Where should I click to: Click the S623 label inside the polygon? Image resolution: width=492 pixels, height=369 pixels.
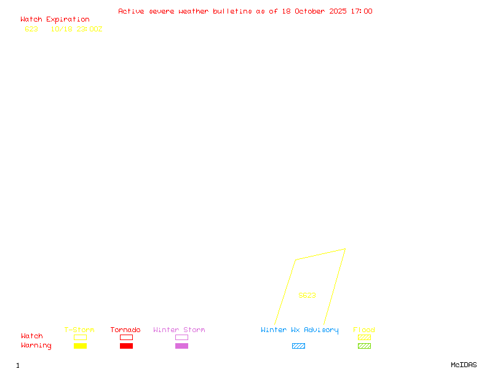(307, 295)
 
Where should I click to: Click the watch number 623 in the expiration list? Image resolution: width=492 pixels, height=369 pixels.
(31, 29)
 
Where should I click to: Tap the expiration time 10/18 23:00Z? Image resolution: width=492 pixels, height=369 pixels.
(76, 29)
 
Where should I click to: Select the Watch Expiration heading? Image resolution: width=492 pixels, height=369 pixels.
(55, 20)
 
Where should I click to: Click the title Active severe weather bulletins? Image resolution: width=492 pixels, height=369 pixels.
(245, 11)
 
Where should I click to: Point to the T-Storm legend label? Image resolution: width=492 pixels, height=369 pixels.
(79, 330)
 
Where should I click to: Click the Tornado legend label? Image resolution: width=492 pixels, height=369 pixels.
(125, 330)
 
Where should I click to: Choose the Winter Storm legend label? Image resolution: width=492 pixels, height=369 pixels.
(179, 330)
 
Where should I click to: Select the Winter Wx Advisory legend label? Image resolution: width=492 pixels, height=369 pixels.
(300, 330)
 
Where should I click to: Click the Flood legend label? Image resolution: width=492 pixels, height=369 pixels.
(364, 330)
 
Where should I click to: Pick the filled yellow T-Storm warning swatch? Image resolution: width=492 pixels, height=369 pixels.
(80, 346)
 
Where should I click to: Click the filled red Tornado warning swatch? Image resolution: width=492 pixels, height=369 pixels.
(126, 346)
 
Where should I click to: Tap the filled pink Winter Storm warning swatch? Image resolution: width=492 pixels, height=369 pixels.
(181, 346)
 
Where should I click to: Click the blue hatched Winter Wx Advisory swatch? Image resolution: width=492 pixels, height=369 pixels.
(298, 346)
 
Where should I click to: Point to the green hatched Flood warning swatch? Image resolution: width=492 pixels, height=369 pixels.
(364, 346)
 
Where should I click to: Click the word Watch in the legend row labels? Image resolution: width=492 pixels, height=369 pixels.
(32, 336)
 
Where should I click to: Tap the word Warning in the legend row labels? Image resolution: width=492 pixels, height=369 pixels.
(36, 346)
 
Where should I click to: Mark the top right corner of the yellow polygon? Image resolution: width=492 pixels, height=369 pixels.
(345, 249)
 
